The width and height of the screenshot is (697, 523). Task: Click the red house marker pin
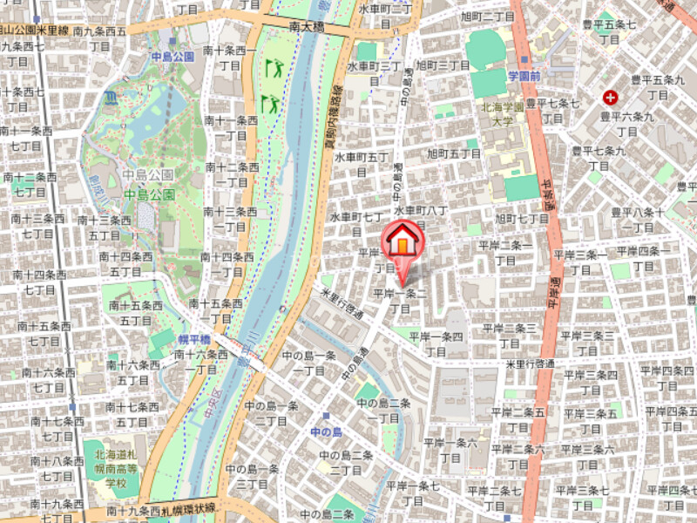(x=401, y=240)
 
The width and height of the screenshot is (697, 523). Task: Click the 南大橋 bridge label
(x=307, y=28)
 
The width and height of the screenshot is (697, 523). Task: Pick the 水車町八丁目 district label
(x=421, y=217)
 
